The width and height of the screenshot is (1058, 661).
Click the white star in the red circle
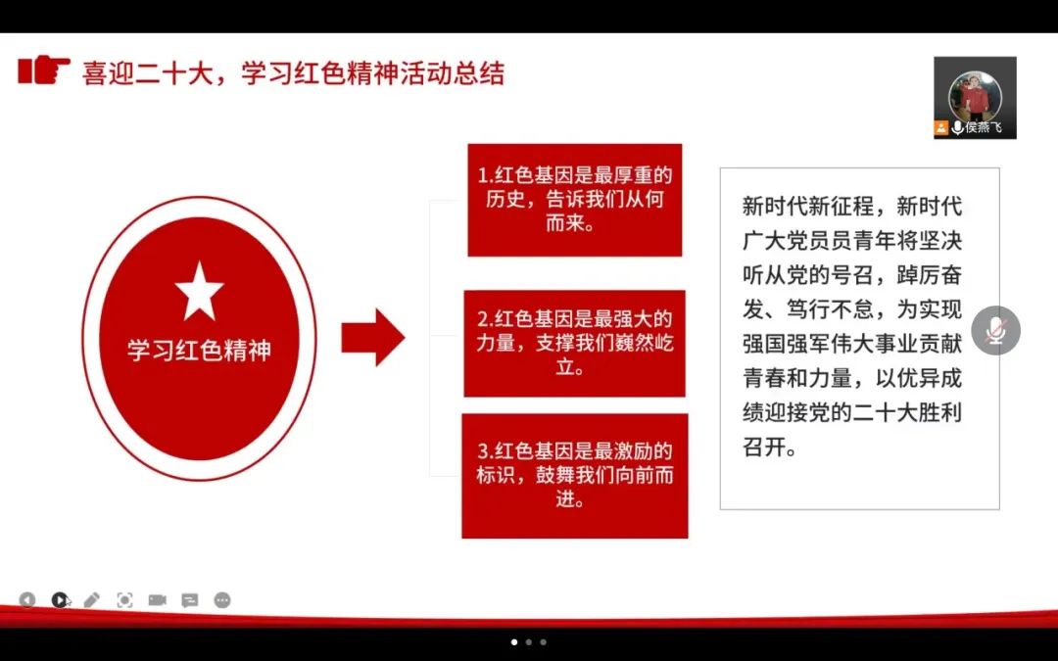pyautogui.click(x=199, y=291)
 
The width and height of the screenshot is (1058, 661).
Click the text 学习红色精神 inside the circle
pyautogui.click(x=199, y=351)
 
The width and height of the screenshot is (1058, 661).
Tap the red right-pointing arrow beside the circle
pyautogui.click(x=372, y=337)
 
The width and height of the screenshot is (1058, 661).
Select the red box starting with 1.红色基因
pyautogui.click(x=574, y=200)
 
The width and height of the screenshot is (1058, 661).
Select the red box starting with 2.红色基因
pyautogui.click(x=574, y=344)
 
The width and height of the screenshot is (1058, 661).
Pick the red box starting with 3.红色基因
pyautogui.click(x=574, y=476)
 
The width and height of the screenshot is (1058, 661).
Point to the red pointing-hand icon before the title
pyautogui.click(x=44, y=71)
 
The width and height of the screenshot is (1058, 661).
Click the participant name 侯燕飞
pyautogui.click(x=984, y=128)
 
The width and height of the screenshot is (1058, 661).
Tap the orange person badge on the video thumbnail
pyautogui.click(x=941, y=128)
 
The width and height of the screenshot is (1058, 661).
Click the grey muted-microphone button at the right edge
pyautogui.click(x=995, y=331)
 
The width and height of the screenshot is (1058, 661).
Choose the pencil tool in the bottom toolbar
pyautogui.click(x=92, y=599)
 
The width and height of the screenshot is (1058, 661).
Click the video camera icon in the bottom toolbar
pyautogui.click(x=157, y=599)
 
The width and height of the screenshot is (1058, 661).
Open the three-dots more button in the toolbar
pyautogui.click(x=222, y=599)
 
